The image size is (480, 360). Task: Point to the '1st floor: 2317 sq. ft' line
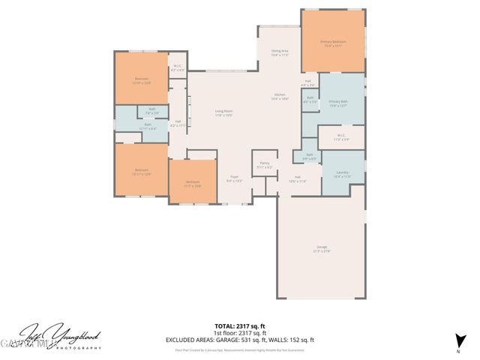239,334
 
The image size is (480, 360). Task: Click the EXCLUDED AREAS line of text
239,340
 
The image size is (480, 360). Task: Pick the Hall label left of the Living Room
178,123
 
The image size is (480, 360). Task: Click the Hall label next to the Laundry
297,179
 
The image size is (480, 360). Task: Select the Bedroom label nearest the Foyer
193,183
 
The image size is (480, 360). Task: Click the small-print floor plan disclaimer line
239,349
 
